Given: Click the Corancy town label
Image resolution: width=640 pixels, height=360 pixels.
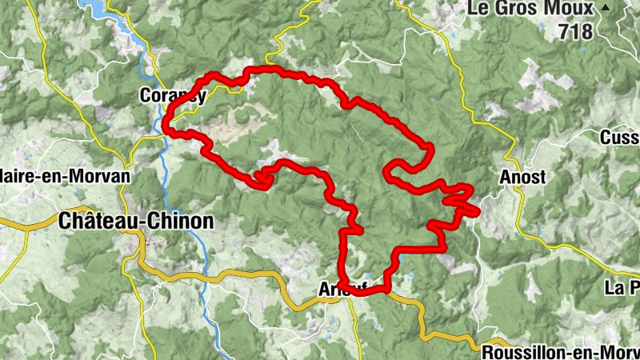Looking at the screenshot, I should pos(173,95).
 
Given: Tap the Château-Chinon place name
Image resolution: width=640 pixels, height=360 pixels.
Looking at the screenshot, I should pos(137,222).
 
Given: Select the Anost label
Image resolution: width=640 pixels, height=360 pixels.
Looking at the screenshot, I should pos(522,178).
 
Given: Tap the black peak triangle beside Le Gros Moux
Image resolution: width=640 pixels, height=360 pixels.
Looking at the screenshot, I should pos(606,7).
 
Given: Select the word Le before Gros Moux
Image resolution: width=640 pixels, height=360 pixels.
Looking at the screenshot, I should pos(479,9).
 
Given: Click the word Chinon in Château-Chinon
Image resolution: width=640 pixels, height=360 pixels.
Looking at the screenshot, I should pos(181,222).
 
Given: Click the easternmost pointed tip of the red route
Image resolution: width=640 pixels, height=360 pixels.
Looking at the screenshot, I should pos(478,214).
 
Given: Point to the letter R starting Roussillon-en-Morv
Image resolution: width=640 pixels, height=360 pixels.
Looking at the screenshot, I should pos(488,351).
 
